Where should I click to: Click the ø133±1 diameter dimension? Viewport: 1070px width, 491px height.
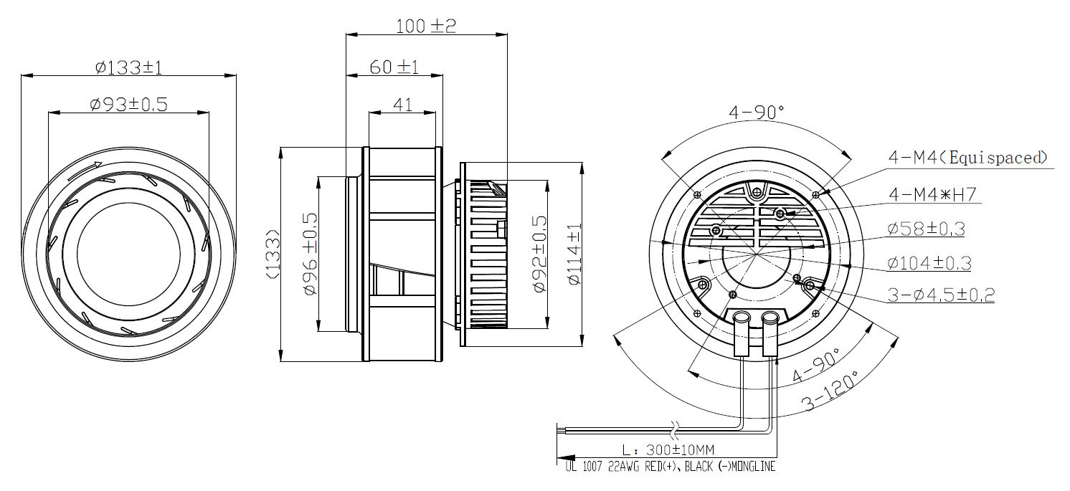[x=129, y=68]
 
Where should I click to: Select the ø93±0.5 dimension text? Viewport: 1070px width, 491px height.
[x=129, y=105]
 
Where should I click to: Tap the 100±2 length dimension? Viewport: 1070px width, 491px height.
[x=426, y=27]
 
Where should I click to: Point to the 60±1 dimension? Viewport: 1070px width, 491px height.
[x=394, y=67]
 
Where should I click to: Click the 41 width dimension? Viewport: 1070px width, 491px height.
[x=402, y=105]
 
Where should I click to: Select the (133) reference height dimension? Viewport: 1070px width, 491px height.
[x=272, y=254]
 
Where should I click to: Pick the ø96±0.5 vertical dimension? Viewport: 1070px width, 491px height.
[x=310, y=254]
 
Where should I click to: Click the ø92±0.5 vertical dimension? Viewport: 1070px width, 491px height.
[x=540, y=254]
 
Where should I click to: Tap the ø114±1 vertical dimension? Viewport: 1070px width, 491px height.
[x=574, y=254]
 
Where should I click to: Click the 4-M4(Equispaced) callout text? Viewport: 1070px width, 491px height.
[x=968, y=158]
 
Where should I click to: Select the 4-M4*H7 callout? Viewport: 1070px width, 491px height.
[x=933, y=194]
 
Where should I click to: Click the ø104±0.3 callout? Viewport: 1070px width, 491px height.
[x=929, y=263]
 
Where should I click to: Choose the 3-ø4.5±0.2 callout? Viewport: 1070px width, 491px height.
[x=940, y=295]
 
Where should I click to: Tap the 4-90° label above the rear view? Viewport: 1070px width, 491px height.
[x=757, y=112]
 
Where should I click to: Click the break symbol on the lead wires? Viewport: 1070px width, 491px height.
[x=673, y=430]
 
